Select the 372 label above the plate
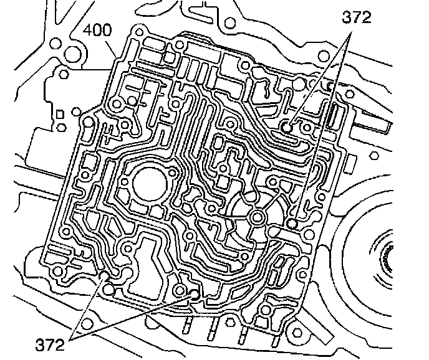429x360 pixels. tap(356, 17)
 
